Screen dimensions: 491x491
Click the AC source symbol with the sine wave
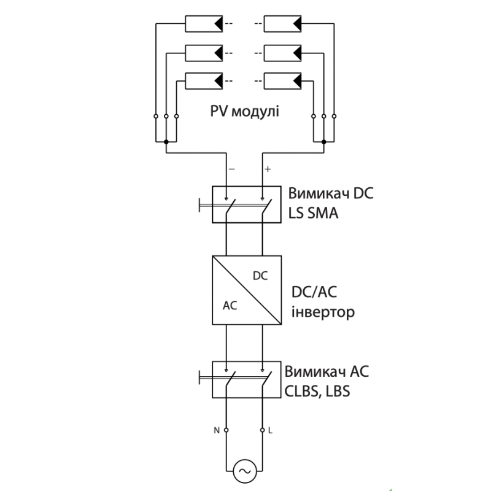pyautogui.click(x=245, y=471)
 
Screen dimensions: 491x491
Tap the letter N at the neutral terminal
pyautogui.click(x=217, y=431)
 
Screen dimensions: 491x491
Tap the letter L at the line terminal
pyautogui.click(x=270, y=431)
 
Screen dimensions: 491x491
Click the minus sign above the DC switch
pyautogui.click(x=232, y=169)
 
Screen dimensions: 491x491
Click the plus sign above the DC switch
pyautogui.click(x=268, y=169)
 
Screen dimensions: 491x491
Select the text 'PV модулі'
pyautogui.click(x=244, y=112)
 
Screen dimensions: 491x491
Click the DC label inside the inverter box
pyautogui.click(x=260, y=276)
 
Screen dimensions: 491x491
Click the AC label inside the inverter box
pyautogui.click(x=230, y=306)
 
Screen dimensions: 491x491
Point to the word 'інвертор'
pyautogui.click(x=323, y=312)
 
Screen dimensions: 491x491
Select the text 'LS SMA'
pyautogui.click(x=313, y=213)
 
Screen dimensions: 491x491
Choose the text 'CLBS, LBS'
pyautogui.click(x=317, y=392)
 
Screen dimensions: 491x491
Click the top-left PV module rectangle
pyautogui.click(x=204, y=24)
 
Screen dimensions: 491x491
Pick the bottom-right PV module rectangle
pyautogui.click(x=282, y=81)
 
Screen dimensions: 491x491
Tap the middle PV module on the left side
pyautogui.click(x=204, y=53)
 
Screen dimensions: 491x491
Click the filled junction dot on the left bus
pyautogui.click(x=166, y=142)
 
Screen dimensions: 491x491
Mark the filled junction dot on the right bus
pyautogui.click(x=324, y=142)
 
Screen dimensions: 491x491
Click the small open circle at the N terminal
pyautogui.click(x=226, y=430)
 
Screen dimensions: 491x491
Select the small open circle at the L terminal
pyautogui.click(x=263, y=430)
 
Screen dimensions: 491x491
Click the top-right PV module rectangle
pyautogui.click(x=282, y=24)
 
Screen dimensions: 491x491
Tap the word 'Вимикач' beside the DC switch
pyautogui.click(x=319, y=193)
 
